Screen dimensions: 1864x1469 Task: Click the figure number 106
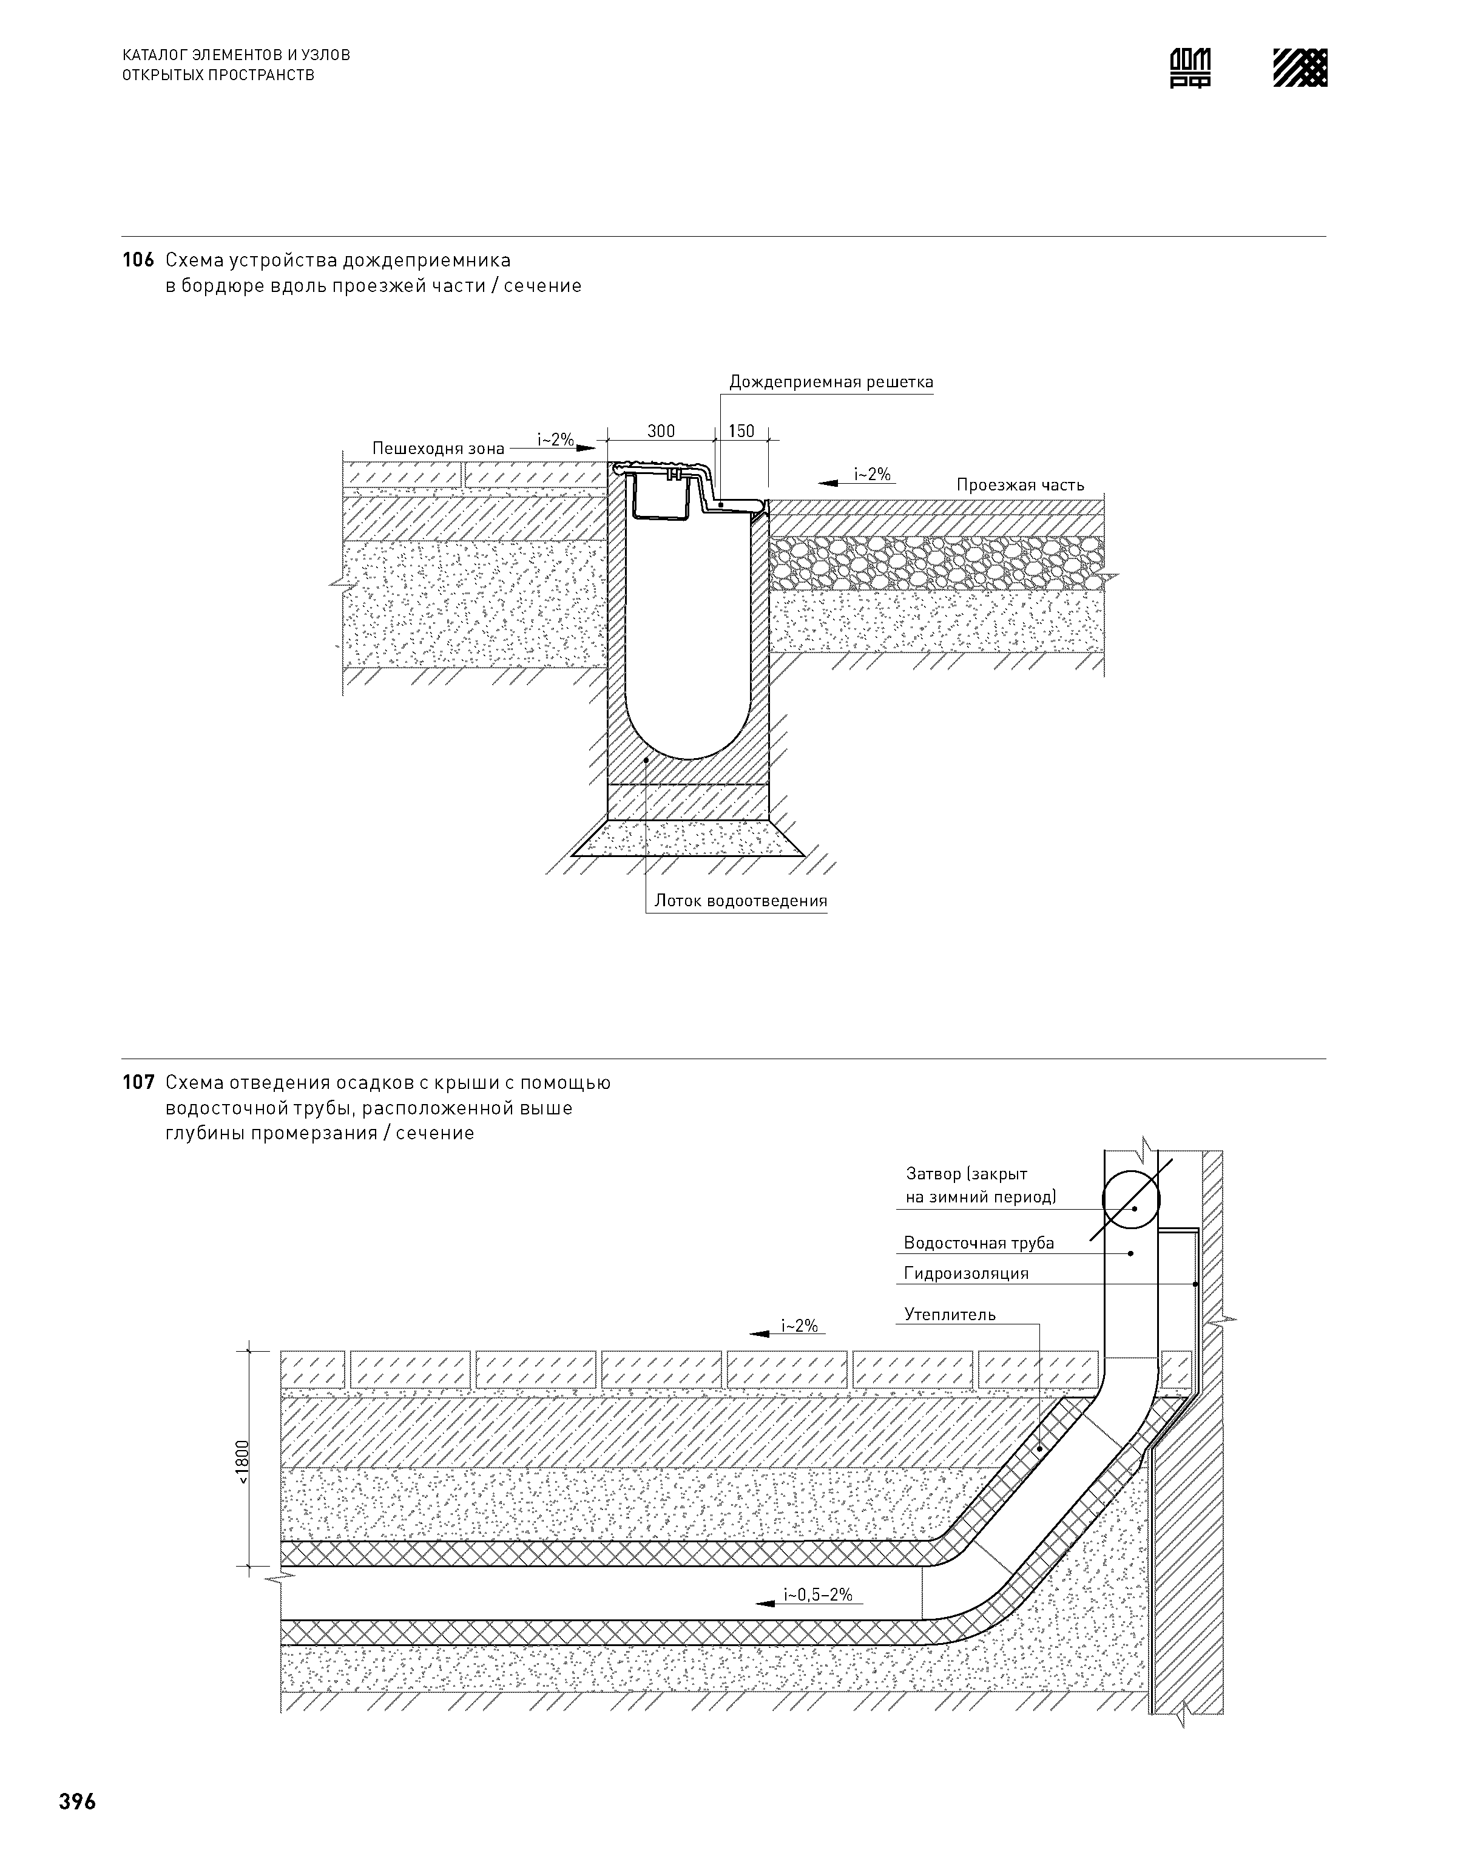click(x=138, y=260)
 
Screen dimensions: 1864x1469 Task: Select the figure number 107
click(x=138, y=1083)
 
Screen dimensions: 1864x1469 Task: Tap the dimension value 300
click(x=661, y=431)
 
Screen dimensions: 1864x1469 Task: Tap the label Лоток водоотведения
click(x=740, y=901)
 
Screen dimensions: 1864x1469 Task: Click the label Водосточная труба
click(x=979, y=1243)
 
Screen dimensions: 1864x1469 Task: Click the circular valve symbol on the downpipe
click(x=1131, y=1200)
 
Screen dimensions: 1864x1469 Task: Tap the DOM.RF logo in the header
click(x=1190, y=67)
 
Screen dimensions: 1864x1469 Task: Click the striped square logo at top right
click(x=1300, y=67)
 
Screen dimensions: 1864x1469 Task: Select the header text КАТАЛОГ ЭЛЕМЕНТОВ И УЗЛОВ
click(x=237, y=55)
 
